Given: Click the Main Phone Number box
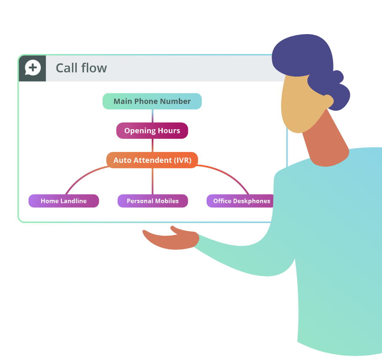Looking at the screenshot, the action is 152,101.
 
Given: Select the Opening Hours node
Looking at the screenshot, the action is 152,130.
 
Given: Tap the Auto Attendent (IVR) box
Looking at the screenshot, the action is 152,160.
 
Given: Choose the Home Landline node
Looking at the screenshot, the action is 64,201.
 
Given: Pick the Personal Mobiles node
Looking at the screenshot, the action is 153,201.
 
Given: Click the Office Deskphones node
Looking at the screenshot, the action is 240,201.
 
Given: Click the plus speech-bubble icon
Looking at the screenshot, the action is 32,68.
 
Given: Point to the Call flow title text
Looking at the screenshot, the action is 81,68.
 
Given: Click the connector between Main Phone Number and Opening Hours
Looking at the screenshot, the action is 153,116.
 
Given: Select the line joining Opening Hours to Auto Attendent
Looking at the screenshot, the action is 153,146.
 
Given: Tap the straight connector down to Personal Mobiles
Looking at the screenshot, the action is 153,181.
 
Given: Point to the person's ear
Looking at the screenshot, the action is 328,101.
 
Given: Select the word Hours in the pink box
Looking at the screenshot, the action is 169,130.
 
